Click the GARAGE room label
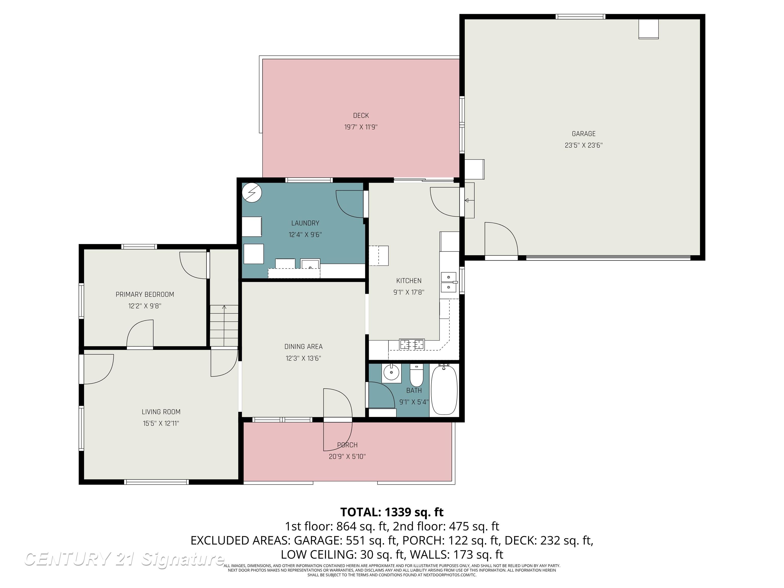point(583,134)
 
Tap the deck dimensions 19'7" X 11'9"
point(361,127)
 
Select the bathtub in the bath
point(444,390)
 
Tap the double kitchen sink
point(448,282)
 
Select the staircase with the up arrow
point(224,325)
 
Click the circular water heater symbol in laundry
point(252,193)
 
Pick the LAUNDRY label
point(305,223)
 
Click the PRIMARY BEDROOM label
point(145,294)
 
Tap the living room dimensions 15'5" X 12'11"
point(161,423)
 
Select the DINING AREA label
point(303,346)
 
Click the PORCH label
point(347,445)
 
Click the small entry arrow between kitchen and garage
point(467,201)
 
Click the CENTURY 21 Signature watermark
point(124,559)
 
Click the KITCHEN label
point(409,281)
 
